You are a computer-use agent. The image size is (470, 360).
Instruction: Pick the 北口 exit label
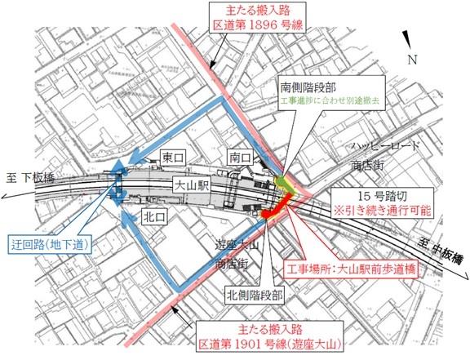[153, 218]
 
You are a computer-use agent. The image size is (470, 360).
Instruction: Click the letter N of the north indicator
[415, 59]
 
